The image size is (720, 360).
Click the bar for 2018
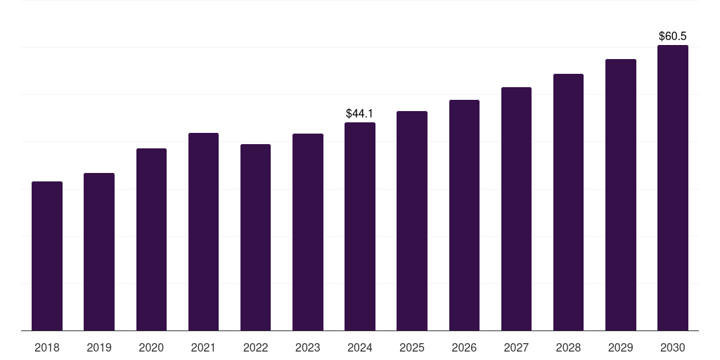47,256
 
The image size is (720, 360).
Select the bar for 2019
99,252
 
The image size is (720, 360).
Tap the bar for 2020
151,240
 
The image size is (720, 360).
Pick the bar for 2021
203,232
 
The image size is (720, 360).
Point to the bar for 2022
255,238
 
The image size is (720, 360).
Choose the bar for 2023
308,232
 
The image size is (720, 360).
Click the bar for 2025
412,221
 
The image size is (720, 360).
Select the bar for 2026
464,215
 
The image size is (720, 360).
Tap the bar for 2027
516,209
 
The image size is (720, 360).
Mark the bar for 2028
568,202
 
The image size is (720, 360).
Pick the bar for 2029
620,195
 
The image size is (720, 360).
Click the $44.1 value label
359,113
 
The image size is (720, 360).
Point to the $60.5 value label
673,37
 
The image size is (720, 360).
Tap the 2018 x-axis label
47,347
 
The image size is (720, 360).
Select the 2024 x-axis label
359,347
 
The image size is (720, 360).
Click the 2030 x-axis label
673,347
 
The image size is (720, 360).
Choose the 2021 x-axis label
203,347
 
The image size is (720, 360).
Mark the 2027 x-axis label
516,347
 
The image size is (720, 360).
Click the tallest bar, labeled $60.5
673,188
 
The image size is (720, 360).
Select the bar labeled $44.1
359,226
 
